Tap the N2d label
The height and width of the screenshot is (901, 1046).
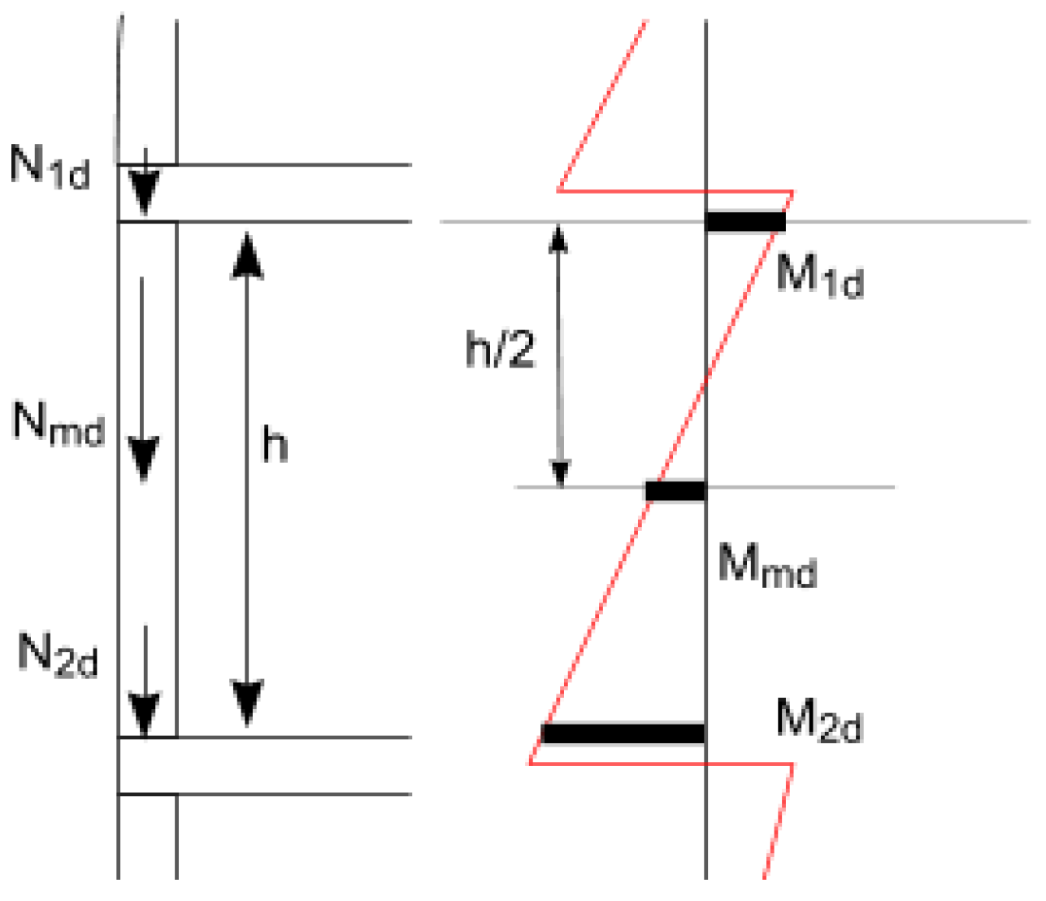(x=58, y=655)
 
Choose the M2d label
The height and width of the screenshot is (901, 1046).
(x=818, y=720)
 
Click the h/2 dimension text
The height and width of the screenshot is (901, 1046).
(x=501, y=350)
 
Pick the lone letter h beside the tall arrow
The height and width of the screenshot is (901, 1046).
(x=275, y=445)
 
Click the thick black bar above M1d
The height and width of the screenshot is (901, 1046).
(x=745, y=221)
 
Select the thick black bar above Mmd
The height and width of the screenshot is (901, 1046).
(x=675, y=491)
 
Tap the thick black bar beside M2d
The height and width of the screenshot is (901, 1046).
(x=623, y=733)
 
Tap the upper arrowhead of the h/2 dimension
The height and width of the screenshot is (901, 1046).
(x=558, y=237)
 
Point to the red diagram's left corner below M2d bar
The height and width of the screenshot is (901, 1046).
(x=530, y=764)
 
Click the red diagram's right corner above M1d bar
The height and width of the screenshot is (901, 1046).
(x=792, y=192)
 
